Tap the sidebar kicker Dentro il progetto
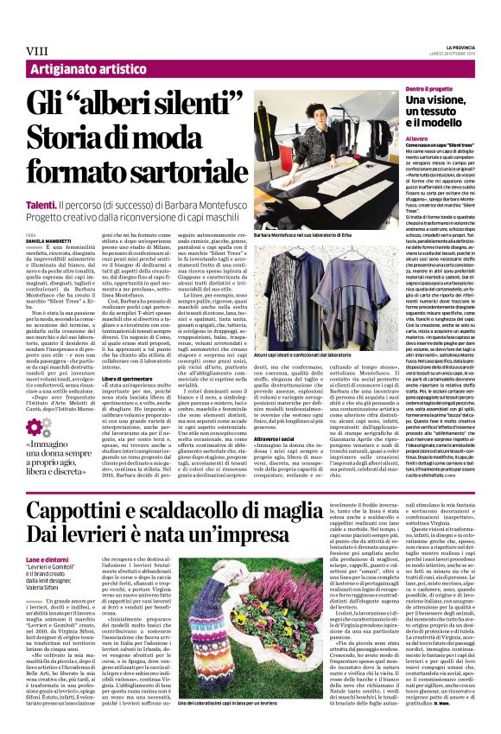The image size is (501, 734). [x=430, y=90]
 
